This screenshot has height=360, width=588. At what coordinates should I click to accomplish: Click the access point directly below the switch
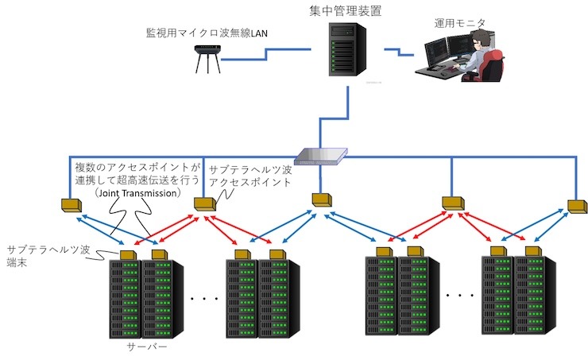tap(321, 197)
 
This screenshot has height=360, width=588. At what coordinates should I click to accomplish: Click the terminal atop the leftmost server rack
tap(126, 254)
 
